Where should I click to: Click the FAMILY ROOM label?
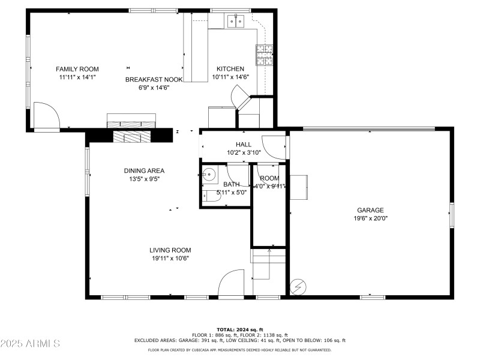coord(77,69)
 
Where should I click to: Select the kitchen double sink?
coord(235,22)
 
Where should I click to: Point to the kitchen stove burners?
coord(265,55)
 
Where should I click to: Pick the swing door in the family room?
coord(46,116)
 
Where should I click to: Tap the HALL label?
coord(244,144)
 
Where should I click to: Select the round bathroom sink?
coord(209,175)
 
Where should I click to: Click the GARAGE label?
coord(370,210)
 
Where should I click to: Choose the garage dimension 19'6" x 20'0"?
coord(370,218)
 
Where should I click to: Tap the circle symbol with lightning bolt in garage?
coord(297,287)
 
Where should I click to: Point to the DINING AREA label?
coord(144,170)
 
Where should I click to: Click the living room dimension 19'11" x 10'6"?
coord(171,259)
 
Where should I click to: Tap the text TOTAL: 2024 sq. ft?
coord(240,329)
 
